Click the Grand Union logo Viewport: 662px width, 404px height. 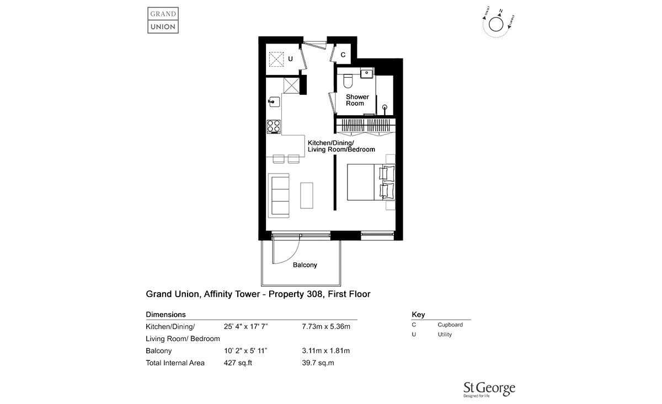(x=163, y=19)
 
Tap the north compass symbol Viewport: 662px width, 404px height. (x=495, y=24)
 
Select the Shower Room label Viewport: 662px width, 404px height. (x=357, y=100)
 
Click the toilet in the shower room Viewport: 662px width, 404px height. (x=348, y=82)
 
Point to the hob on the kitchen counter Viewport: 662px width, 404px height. (x=274, y=126)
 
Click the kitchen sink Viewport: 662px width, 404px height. (x=274, y=101)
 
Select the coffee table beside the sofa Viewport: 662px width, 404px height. (x=306, y=195)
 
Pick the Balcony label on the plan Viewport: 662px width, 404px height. (x=305, y=265)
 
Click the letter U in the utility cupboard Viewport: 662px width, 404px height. (x=290, y=58)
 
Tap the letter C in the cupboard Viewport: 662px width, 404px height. (x=343, y=55)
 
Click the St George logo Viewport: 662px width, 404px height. (x=488, y=389)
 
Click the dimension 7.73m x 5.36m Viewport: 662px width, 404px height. (x=327, y=326)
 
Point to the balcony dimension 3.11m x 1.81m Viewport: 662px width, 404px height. (x=326, y=351)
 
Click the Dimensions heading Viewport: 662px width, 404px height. (x=165, y=314)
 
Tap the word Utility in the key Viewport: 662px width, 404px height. (x=445, y=335)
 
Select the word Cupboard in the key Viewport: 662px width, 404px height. (x=450, y=325)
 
